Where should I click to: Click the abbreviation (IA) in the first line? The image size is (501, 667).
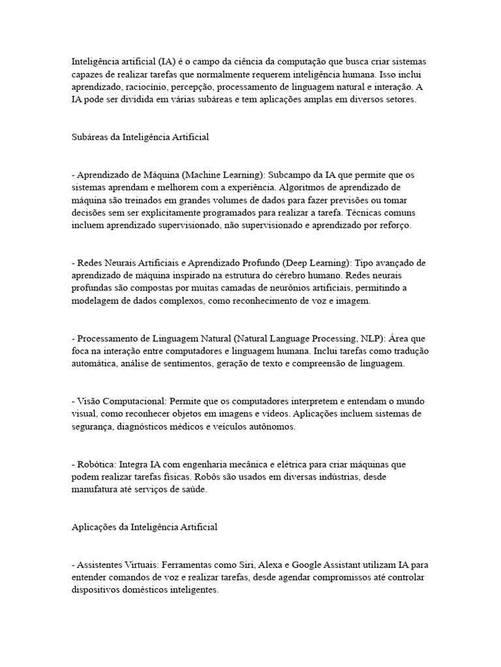point(166,61)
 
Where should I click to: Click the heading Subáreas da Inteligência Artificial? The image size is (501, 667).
point(140,137)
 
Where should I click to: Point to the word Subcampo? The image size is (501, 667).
point(288,175)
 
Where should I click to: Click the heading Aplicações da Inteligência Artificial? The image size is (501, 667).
point(144,528)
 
